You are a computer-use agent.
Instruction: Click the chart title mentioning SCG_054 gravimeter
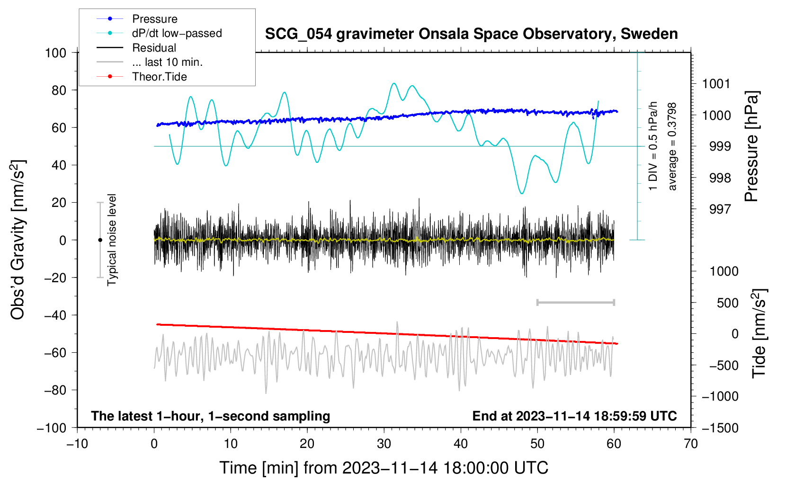coord(471,34)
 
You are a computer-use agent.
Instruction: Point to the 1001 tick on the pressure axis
coord(716,84)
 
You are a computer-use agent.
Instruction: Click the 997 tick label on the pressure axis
coord(720,209)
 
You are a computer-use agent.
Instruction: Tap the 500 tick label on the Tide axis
coord(727,303)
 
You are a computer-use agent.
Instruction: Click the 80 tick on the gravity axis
coord(59,90)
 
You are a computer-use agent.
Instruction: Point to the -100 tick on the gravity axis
coord(52,428)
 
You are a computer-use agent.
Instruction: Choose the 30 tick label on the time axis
coord(384,444)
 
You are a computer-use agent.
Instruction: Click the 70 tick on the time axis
coord(690,444)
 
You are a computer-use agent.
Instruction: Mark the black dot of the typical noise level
coord(100,240)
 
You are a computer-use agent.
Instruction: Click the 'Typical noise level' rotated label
coord(111,240)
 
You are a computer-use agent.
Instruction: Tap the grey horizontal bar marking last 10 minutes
coord(576,303)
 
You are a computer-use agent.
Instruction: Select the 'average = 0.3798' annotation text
coord(671,147)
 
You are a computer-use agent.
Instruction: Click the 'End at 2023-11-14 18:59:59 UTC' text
coord(574,416)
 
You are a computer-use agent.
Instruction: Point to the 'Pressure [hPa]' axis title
coord(751,146)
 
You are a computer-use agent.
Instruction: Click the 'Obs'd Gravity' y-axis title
coord(18,240)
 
